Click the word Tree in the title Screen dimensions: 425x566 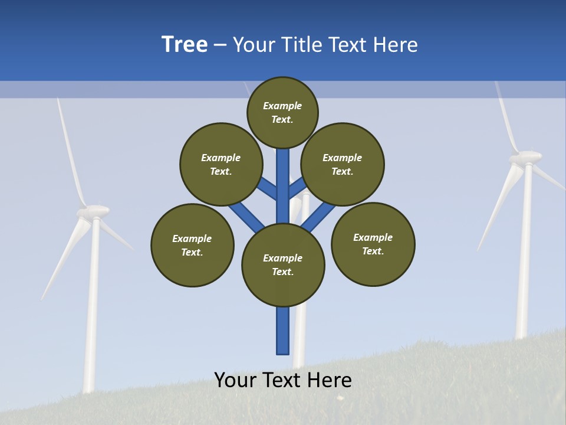click(185, 44)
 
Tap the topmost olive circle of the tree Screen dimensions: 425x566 click(282, 112)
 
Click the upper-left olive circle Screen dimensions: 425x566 click(221, 164)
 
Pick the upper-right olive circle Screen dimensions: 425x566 click(343, 164)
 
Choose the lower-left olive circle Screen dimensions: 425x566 click(192, 245)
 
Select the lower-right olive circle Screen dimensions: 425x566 click(373, 244)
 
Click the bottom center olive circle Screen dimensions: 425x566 click(283, 265)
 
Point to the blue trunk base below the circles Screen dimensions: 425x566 click(283, 331)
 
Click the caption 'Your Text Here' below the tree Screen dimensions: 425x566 click(283, 380)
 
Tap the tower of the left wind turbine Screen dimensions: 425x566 click(92, 307)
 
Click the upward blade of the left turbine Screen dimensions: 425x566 click(70, 153)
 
